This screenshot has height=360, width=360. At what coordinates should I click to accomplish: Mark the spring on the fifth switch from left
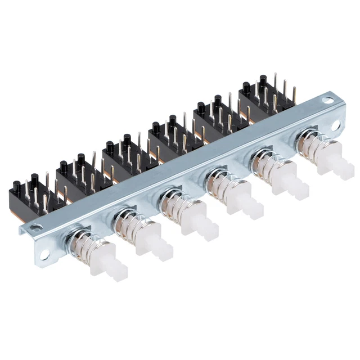pyautogui.click(x=268, y=165)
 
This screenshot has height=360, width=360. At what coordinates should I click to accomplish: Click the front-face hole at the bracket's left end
pyautogui.click(x=37, y=228)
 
